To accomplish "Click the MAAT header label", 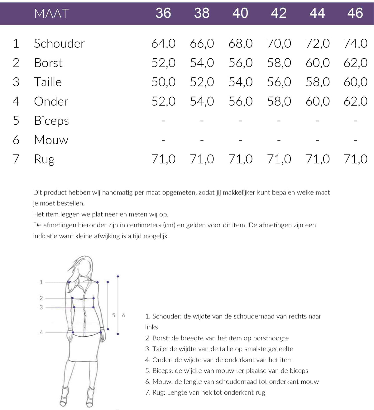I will click(51, 13).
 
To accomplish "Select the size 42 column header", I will click(279, 13).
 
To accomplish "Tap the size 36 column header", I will click(163, 13).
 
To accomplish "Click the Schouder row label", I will click(59, 43).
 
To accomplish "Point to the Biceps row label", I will click(51, 121).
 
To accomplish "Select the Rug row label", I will click(44, 159).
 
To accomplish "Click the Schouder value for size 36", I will click(163, 43).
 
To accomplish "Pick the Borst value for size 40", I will click(240, 63).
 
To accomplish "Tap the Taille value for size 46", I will click(355, 82).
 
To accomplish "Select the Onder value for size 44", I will click(317, 101).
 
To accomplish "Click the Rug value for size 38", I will click(202, 159).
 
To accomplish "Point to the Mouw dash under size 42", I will click(279, 140).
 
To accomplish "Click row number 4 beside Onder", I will click(16, 101).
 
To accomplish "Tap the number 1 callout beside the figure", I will click(41, 282).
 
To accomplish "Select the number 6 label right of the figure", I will click(124, 315).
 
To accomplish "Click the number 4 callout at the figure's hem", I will click(41, 333).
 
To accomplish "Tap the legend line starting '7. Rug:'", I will click(205, 393).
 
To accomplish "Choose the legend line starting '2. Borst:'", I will click(217, 338).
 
